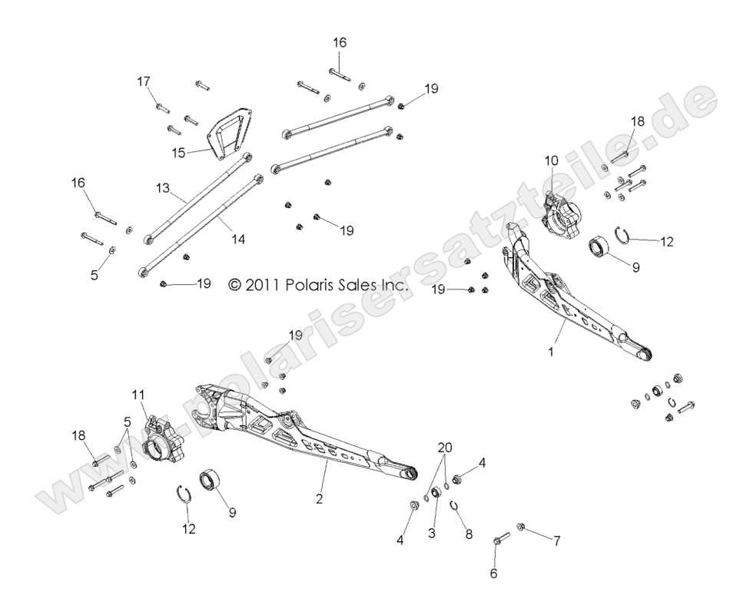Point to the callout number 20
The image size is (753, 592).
point(444,448)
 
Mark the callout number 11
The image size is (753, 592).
point(138,396)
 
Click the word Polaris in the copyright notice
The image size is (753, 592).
point(313,284)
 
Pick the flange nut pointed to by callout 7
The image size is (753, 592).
point(520,527)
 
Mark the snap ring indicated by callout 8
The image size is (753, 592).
point(454,505)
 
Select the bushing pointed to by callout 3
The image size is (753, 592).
point(435,492)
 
